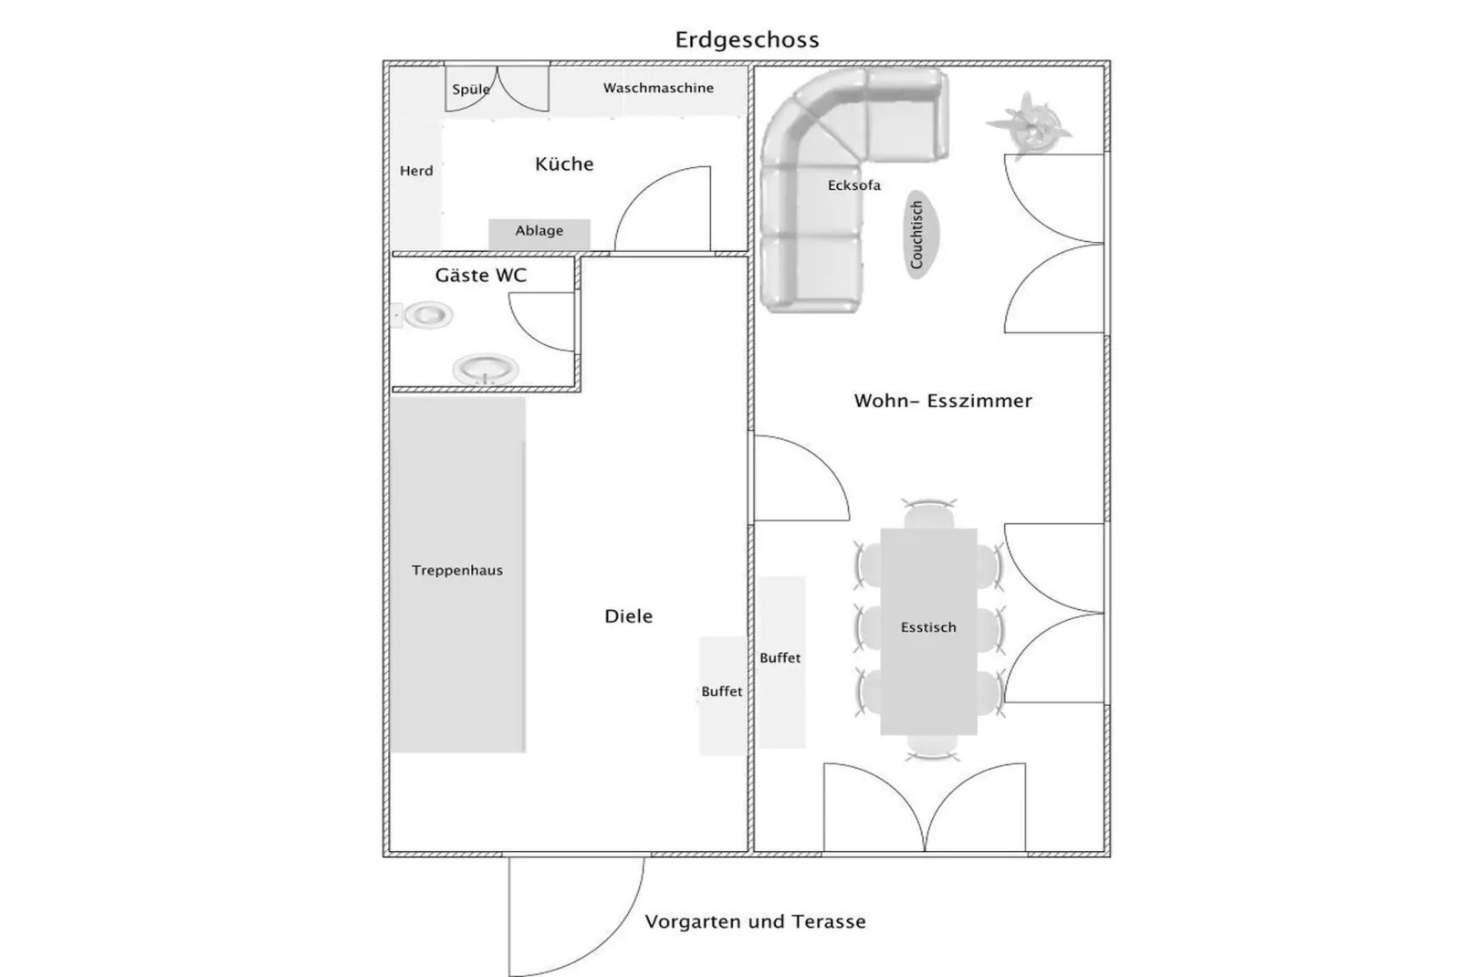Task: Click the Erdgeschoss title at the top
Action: [747, 40]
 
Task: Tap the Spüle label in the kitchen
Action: [471, 89]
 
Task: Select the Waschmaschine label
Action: [658, 89]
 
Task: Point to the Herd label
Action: [416, 171]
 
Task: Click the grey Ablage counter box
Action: [539, 232]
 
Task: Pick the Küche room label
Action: [564, 164]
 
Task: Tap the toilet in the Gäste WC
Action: [426, 316]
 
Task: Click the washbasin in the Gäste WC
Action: [486, 370]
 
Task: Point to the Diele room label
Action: [628, 616]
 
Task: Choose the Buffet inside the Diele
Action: [721, 694]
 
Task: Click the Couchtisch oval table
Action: [918, 235]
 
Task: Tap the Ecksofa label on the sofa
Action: [853, 185]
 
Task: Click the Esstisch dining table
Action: [928, 630]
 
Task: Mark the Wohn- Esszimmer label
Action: [942, 401]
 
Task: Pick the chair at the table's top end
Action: [928, 514]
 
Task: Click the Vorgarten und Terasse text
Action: [755, 922]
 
